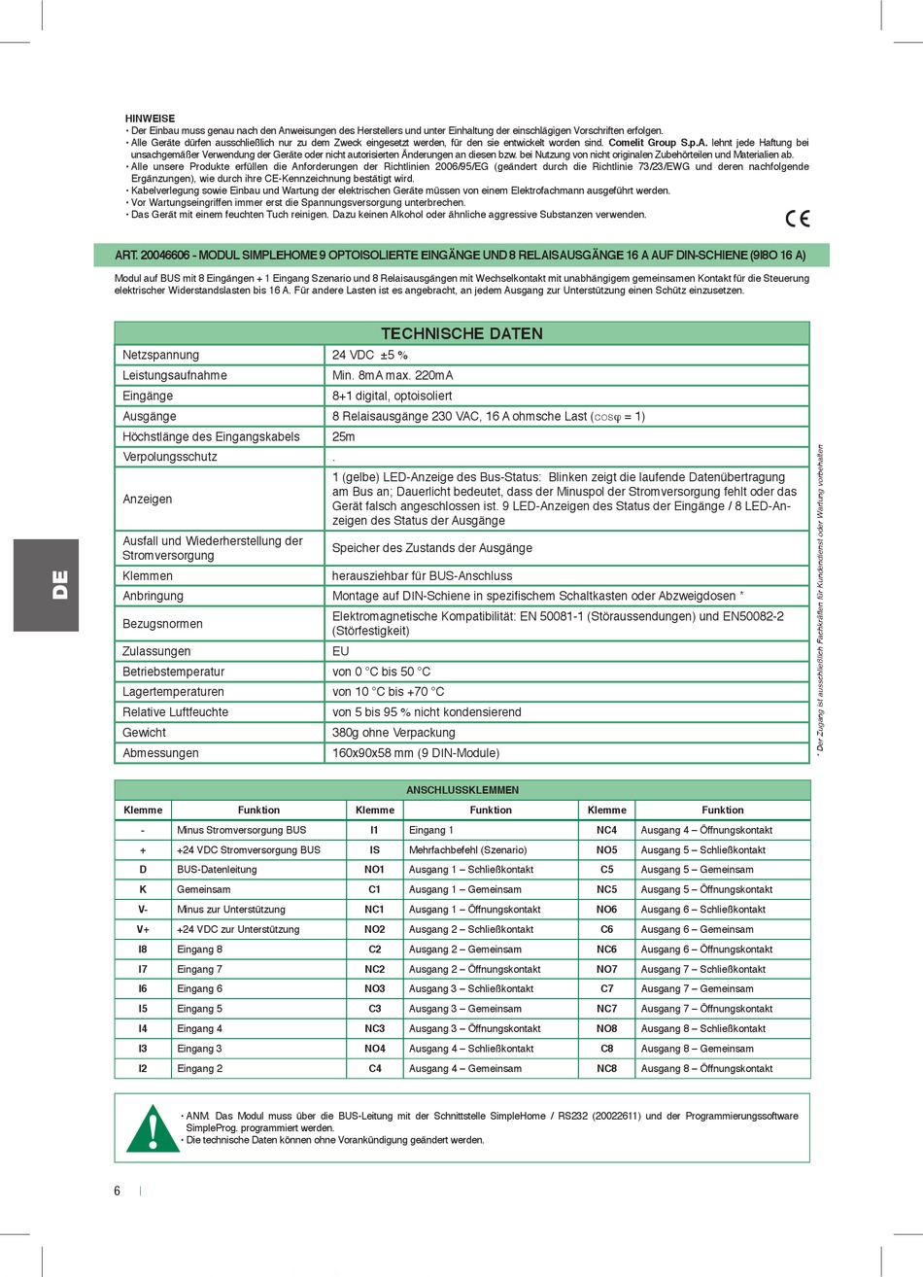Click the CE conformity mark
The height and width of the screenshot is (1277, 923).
pyautogui.click(x=797, y=219)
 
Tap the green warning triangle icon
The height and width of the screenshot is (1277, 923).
pyautogui.click(x=153, y=1128)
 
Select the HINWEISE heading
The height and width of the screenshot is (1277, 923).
pyautogui.click(x=151, y=119)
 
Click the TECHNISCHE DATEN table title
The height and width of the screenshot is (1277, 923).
pyautogui.click(x=461, y=333)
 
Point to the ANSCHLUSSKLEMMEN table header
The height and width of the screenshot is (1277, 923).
pyautogui.click(x=461, y=790)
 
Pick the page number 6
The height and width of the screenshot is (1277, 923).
pyautogui.click(x=118, y=1191)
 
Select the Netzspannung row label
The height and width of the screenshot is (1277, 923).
pyautogui.click(x=160, y=355)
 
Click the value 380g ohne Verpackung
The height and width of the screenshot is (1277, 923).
pyautogui.click(x=393, y=733)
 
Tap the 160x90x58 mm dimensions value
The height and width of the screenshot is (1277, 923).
pyautogui.click(x=416, y=753)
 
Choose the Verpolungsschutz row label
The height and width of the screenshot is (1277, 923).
pyautogui.click(x=170, y=457)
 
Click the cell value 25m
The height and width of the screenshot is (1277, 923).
pyautogui.click(x=344, y=436)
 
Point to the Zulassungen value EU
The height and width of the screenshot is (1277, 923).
pyautogui.click(x=341, y=651)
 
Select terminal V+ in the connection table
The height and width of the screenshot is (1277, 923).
pyautogui.click(x=143, y=929)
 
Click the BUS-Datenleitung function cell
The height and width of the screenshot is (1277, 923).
pyautogui.click(x=217, y=870)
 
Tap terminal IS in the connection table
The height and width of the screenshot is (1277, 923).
pyautogui.click(x=375, y=850)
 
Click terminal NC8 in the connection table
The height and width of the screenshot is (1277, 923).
pyautogui.click(x=607, y=1069)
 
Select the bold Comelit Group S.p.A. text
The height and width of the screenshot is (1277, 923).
pyautogui.click(x=658, y=143)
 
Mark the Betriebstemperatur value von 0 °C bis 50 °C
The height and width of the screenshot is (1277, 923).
pyautogui.click(x=381, y=672)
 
